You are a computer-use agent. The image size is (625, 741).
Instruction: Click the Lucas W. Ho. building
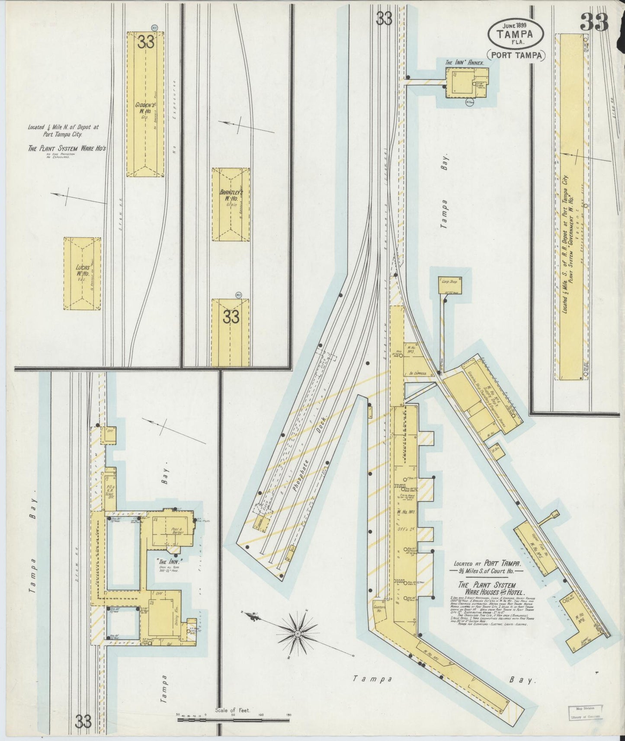[82, 273]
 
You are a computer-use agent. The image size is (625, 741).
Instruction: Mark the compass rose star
[297, 633]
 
